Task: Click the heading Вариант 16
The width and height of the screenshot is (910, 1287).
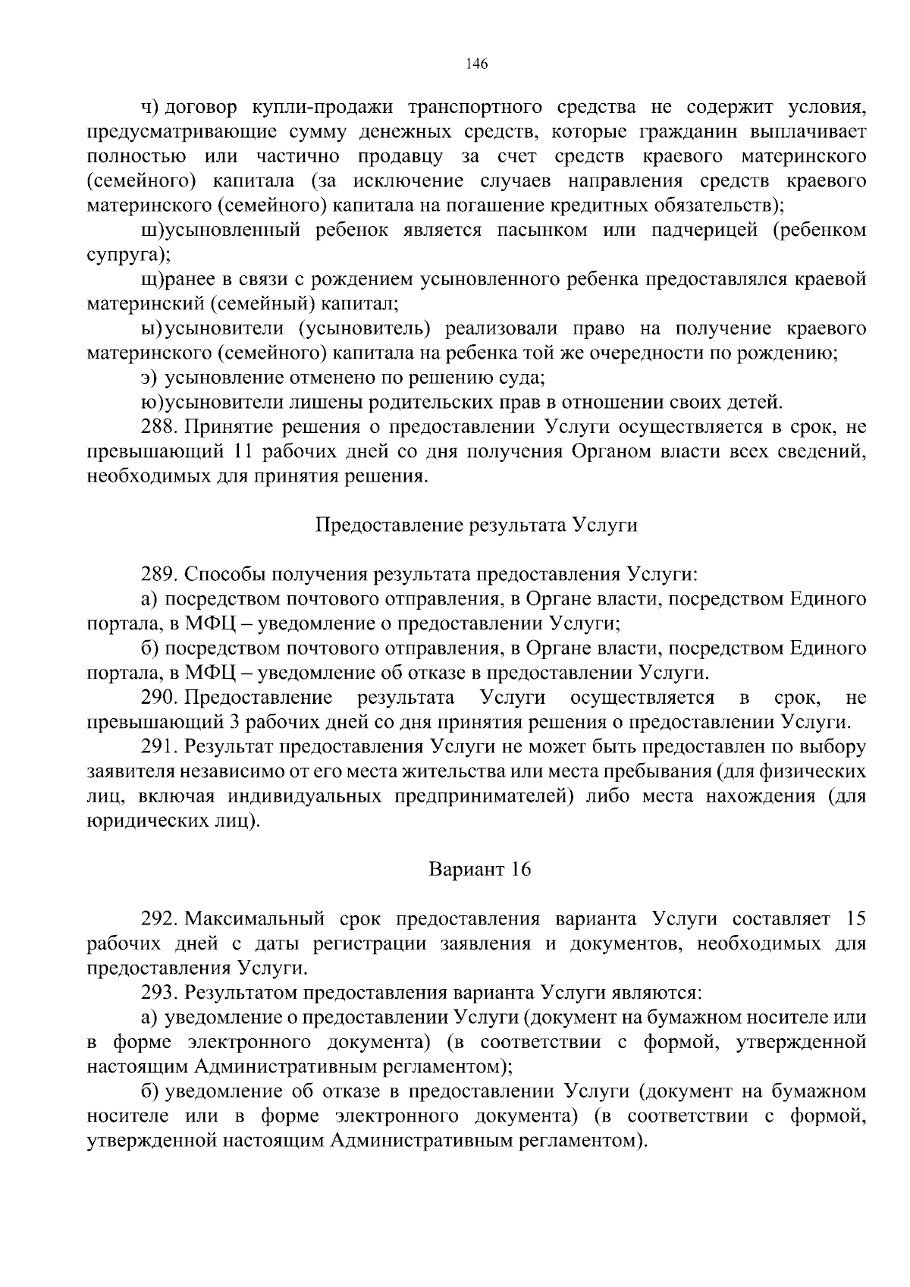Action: [x=480, y=869]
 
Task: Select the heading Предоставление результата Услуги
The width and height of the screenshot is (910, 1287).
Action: [x=476, y=526]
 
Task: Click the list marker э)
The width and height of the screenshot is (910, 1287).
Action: [x=149, y=378]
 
